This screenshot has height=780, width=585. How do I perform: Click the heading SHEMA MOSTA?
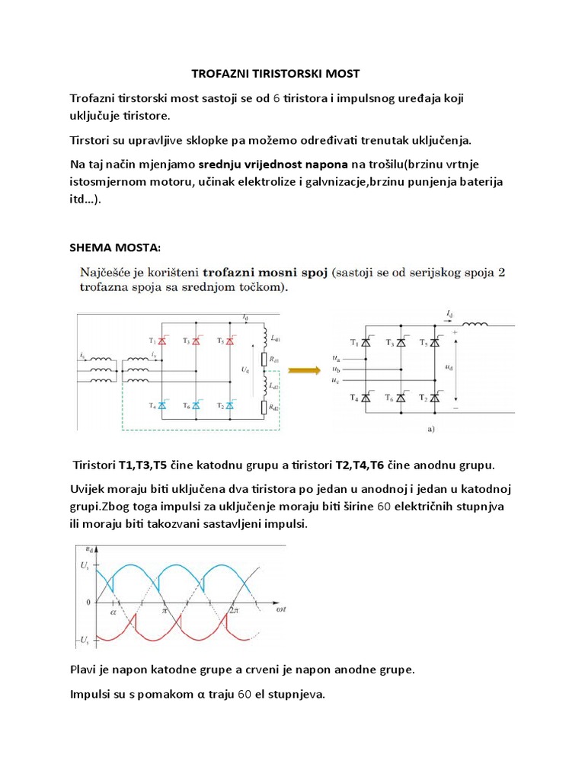tap(115, 248)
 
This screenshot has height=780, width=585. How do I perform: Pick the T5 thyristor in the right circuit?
tap(435, 343)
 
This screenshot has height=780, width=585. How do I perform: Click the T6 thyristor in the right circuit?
tap(401, 398)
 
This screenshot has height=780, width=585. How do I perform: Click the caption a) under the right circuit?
tap(430, 429)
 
